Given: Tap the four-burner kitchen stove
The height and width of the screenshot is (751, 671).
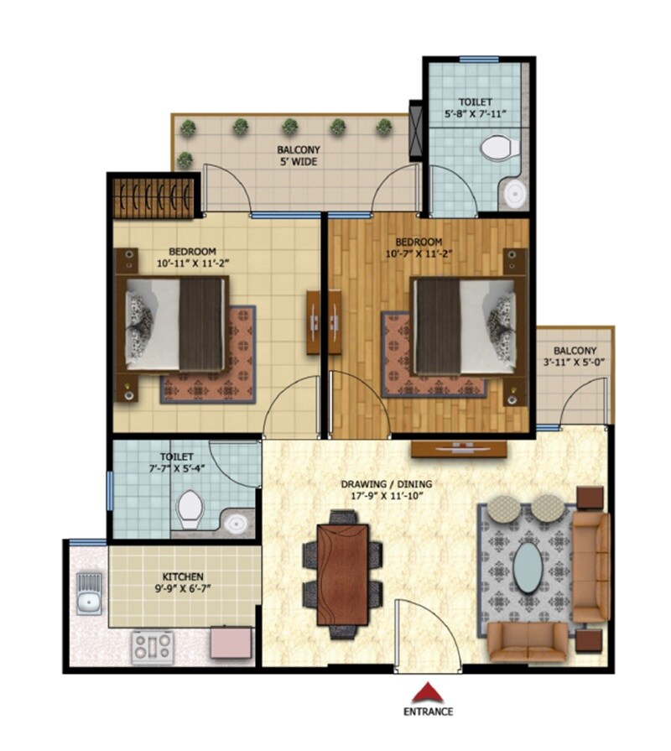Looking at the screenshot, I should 152,646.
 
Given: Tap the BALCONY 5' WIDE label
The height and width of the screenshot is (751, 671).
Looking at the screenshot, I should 297,156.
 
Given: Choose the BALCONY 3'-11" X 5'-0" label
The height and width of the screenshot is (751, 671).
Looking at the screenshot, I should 575,357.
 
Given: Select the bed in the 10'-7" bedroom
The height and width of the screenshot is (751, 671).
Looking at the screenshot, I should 463,326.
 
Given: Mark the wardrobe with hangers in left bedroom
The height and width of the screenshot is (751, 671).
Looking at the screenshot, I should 153,195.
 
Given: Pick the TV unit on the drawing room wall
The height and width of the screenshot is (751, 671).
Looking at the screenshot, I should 459,449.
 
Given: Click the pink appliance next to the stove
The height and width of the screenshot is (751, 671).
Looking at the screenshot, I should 231,644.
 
